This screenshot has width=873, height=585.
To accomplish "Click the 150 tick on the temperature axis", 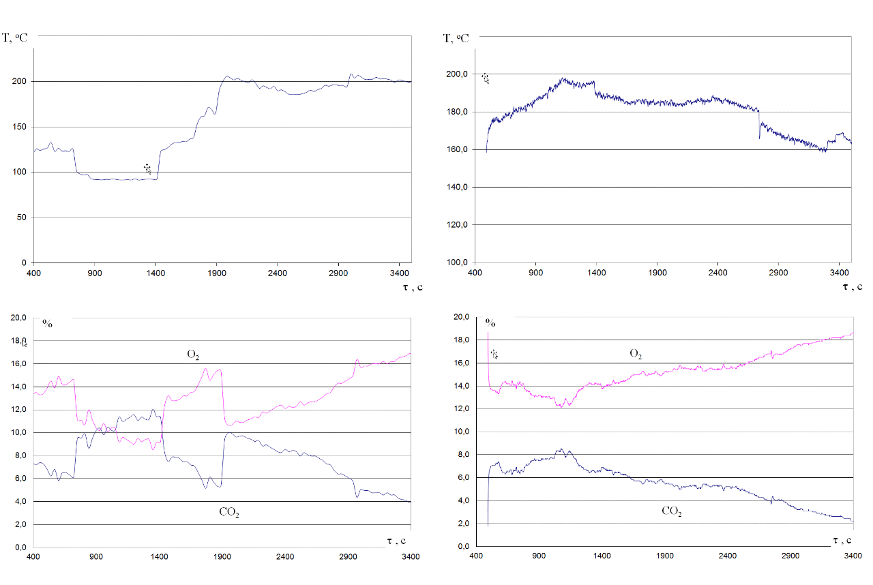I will [23, 127].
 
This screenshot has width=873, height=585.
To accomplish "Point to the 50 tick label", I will [25, 217].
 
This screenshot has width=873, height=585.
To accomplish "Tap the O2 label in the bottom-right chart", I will [636, 354].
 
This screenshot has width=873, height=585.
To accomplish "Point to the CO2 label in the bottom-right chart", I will [672, 511].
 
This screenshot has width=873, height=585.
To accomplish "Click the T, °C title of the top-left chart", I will [15, 37].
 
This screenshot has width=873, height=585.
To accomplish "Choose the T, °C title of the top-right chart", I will [456, 38].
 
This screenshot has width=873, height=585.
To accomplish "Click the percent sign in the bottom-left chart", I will [47, 323].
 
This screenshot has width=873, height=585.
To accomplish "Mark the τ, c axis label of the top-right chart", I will [853, 287].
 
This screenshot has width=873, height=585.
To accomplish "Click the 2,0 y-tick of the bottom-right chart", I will [461, 524].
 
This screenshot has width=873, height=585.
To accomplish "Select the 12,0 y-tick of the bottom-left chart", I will [17, 410].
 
